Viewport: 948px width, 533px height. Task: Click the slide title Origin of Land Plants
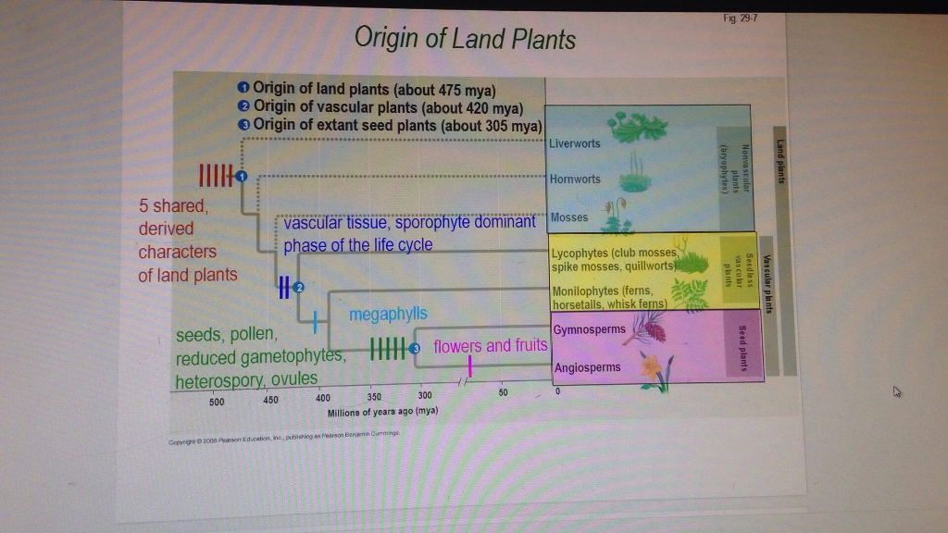pyautogui.click(x=465, y=39)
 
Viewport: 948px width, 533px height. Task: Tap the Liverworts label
pyautogui.click(x=575, y=143)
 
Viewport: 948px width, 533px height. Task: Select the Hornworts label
pyautogui.click(x=575, y=179)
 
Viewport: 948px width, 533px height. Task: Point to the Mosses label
pyautogui.click(x=569, y=217)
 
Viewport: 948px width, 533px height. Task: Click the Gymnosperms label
pyautogui.click(x=589, y=329)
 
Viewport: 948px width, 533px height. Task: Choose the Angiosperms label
pyautogui.click(x=587, y=367)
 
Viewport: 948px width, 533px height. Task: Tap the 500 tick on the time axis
pyautogui.click(x=217, y=403)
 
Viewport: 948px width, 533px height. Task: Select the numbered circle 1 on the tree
pyautogui.click(x=242, y=176)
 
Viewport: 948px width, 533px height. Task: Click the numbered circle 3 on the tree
pyautogui.click(x=414, y=348)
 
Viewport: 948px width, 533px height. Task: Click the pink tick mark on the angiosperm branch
pyautogui.click(x=470, y=366)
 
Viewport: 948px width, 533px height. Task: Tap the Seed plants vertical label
pyautogui.click(x=742, y=343)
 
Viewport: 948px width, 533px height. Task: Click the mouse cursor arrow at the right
pyautogui.click(x=895, y=392)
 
